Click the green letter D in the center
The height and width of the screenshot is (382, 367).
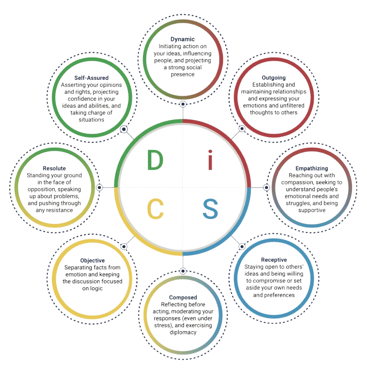pos(155,160)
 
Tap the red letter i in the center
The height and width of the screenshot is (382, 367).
pos(211,160)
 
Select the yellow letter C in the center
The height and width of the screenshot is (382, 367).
pos(155,209)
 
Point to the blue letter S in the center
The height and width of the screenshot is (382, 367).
pos(210,209)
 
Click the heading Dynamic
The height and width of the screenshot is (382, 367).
pos(183,39)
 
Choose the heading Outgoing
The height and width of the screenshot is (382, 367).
pos(274,78)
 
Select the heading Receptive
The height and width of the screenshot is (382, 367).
pos(274,260)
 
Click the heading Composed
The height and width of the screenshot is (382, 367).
pos(183,297)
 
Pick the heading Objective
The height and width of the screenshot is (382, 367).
pos(92,260)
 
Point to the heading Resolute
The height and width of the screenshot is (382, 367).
pos(54,169)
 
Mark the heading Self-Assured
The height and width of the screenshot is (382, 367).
pos(91,78)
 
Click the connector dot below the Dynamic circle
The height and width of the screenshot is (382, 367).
pos(183,104)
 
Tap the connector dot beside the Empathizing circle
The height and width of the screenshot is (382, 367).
pos(266,187)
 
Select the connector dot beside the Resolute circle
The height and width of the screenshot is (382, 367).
pos(99,187)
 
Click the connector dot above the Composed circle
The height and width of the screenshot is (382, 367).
pos(183,271)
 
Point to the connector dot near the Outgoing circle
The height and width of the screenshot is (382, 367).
pos(242,129)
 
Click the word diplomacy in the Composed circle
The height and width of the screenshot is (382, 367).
pos(183,332)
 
